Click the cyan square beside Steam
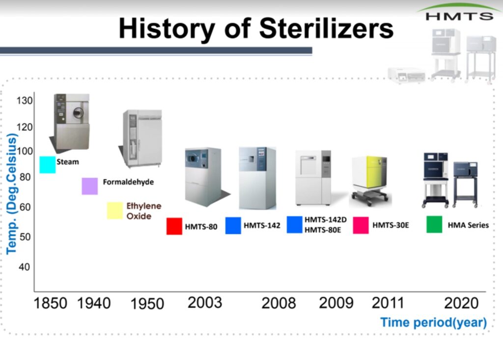pyautogui.click(x=48, y=165)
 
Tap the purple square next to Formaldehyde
pyautogui.click(x=90, y=186)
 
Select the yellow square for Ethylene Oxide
pyautogui.click(x=115, y=211)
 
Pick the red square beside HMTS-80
pyautogui.click(x=174, y=226)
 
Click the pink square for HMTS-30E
pyautogui.click(x=361, y=225)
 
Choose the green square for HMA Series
pyautogui.click(x=434, y=224)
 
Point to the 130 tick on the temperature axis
pyautogui.click(x=25, y=101)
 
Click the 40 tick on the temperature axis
pyautogui.click(x=25, y=267)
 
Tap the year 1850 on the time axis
pyautogui.click(x=51, y=303)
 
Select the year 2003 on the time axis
pyautogui.click(x=205, y=303)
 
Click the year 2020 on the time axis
pyautogui.click(x=461, y=303)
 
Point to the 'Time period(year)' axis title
pyautogui.click(x=433, y=323)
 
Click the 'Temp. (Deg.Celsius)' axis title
pyautogui.click(x=12, y=194)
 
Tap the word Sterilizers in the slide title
pyautogui.click(x=326, y=28)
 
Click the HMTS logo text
pyautogui.click(x=459, y=16)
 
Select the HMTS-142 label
pyautogui.click(x=262, y=225)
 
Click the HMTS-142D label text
pyautogui.click(x=326, y=220)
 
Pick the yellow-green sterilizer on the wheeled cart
pyautogui.click(x=370, y=180)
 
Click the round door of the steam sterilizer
pyautogui.click(x=78, y=112)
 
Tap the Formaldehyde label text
pyautogui.click(x=128, y=182)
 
